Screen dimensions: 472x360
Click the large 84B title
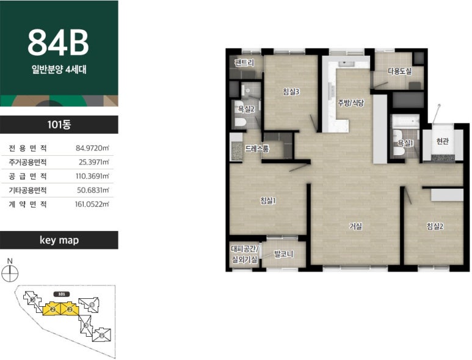coord(58,42)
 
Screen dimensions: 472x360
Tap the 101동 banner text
coord(59,125)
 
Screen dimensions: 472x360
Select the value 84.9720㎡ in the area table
coord(92,149)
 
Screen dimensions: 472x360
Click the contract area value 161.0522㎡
coord(92,204)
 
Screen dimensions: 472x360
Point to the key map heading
coord(59,240)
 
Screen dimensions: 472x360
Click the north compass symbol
coord(10,274)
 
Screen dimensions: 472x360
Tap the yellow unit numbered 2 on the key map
coord(52,309)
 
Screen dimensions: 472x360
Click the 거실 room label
coord(355,226)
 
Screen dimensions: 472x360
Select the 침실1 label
coord(268,200)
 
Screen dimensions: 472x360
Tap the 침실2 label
coord(435,226)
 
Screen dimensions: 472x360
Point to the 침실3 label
coord(291,92)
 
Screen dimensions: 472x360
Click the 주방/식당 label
coord(350,103)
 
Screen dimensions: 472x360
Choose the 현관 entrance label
coord(443,141)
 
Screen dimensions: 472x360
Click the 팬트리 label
coord(244,63)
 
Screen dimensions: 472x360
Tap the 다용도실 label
coord(399,72)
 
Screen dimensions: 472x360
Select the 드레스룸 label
coord(257,149)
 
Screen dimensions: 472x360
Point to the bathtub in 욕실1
coord(405,121)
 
